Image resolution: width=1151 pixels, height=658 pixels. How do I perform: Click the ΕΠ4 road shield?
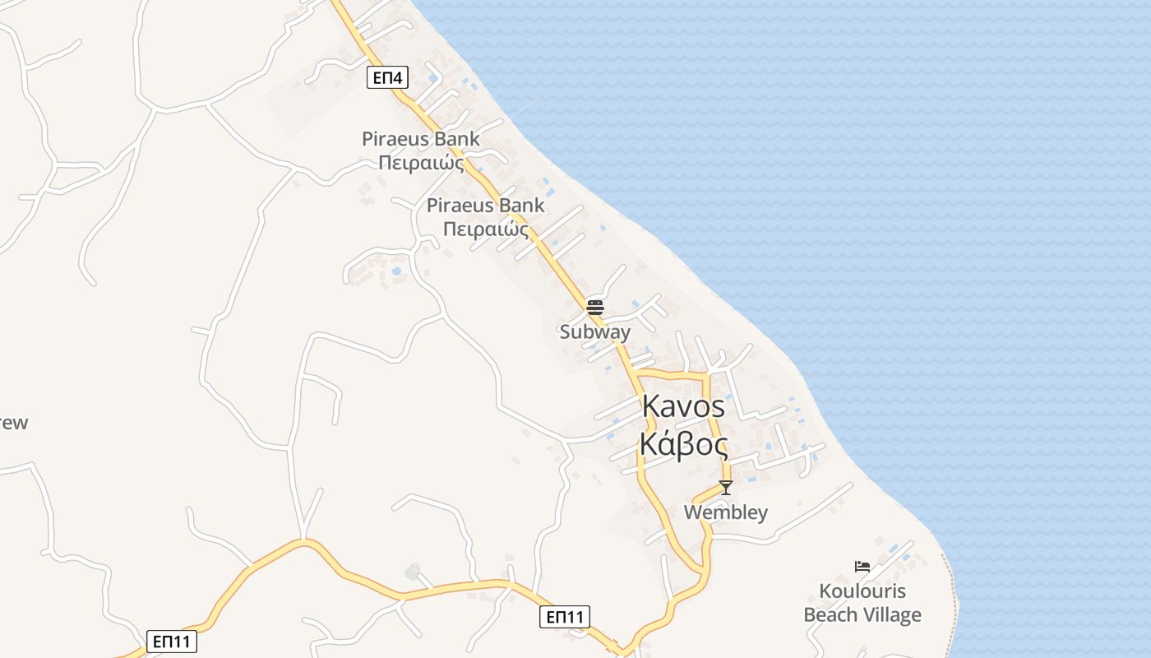pos(387,78)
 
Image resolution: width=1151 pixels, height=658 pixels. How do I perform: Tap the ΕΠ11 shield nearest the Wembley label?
pos(565,617)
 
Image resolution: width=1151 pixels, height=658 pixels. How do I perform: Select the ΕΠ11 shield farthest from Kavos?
pos(173,642)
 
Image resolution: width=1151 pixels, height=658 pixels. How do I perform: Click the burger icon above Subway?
pos(595,308)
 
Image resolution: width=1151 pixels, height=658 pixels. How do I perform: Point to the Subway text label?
pos(595,332)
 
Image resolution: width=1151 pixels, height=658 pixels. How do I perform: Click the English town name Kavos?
pos(683,406)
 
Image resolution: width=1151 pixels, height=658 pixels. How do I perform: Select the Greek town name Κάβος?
pos(683,445)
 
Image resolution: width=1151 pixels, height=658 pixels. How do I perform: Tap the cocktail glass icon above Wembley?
pos(725,488)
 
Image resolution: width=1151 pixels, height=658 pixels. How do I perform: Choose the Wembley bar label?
pos(726,512)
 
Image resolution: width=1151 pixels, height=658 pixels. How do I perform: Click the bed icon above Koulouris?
pos(862,567)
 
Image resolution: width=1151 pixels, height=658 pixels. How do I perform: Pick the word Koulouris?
pos(862,591)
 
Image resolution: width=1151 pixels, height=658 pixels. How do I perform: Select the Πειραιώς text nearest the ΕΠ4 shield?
pos(420,163)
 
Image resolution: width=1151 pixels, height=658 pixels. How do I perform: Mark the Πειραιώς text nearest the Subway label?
pos(485,229)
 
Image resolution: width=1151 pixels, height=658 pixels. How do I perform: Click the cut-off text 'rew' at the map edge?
pos(13,424)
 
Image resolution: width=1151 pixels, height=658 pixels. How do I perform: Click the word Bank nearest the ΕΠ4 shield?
pos(457,139)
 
